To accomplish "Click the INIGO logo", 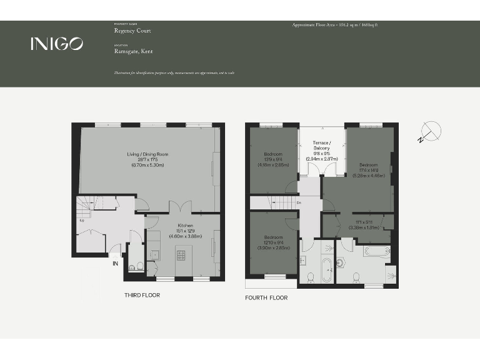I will point(56,43).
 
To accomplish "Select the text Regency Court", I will point(132,31).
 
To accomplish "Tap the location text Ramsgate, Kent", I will point(133,51).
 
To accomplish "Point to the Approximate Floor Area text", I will point(335,25).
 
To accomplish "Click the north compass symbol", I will point(430,132).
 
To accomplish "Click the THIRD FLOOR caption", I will point(142,295).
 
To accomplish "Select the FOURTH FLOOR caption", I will point(266,298).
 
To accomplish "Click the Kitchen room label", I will point(185,225).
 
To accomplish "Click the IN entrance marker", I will point(115,264).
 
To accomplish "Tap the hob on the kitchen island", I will point(181,255).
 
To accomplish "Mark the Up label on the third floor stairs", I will point(81,220).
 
